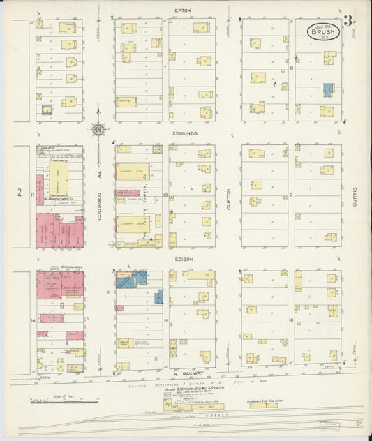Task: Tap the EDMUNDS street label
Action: pos(186,133)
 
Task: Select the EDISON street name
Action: pos(184,259)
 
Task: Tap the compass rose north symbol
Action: pos(98,128)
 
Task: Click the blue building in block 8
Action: pos(327,90)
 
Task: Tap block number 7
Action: pos(165,67)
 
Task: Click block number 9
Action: pos(291,195)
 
